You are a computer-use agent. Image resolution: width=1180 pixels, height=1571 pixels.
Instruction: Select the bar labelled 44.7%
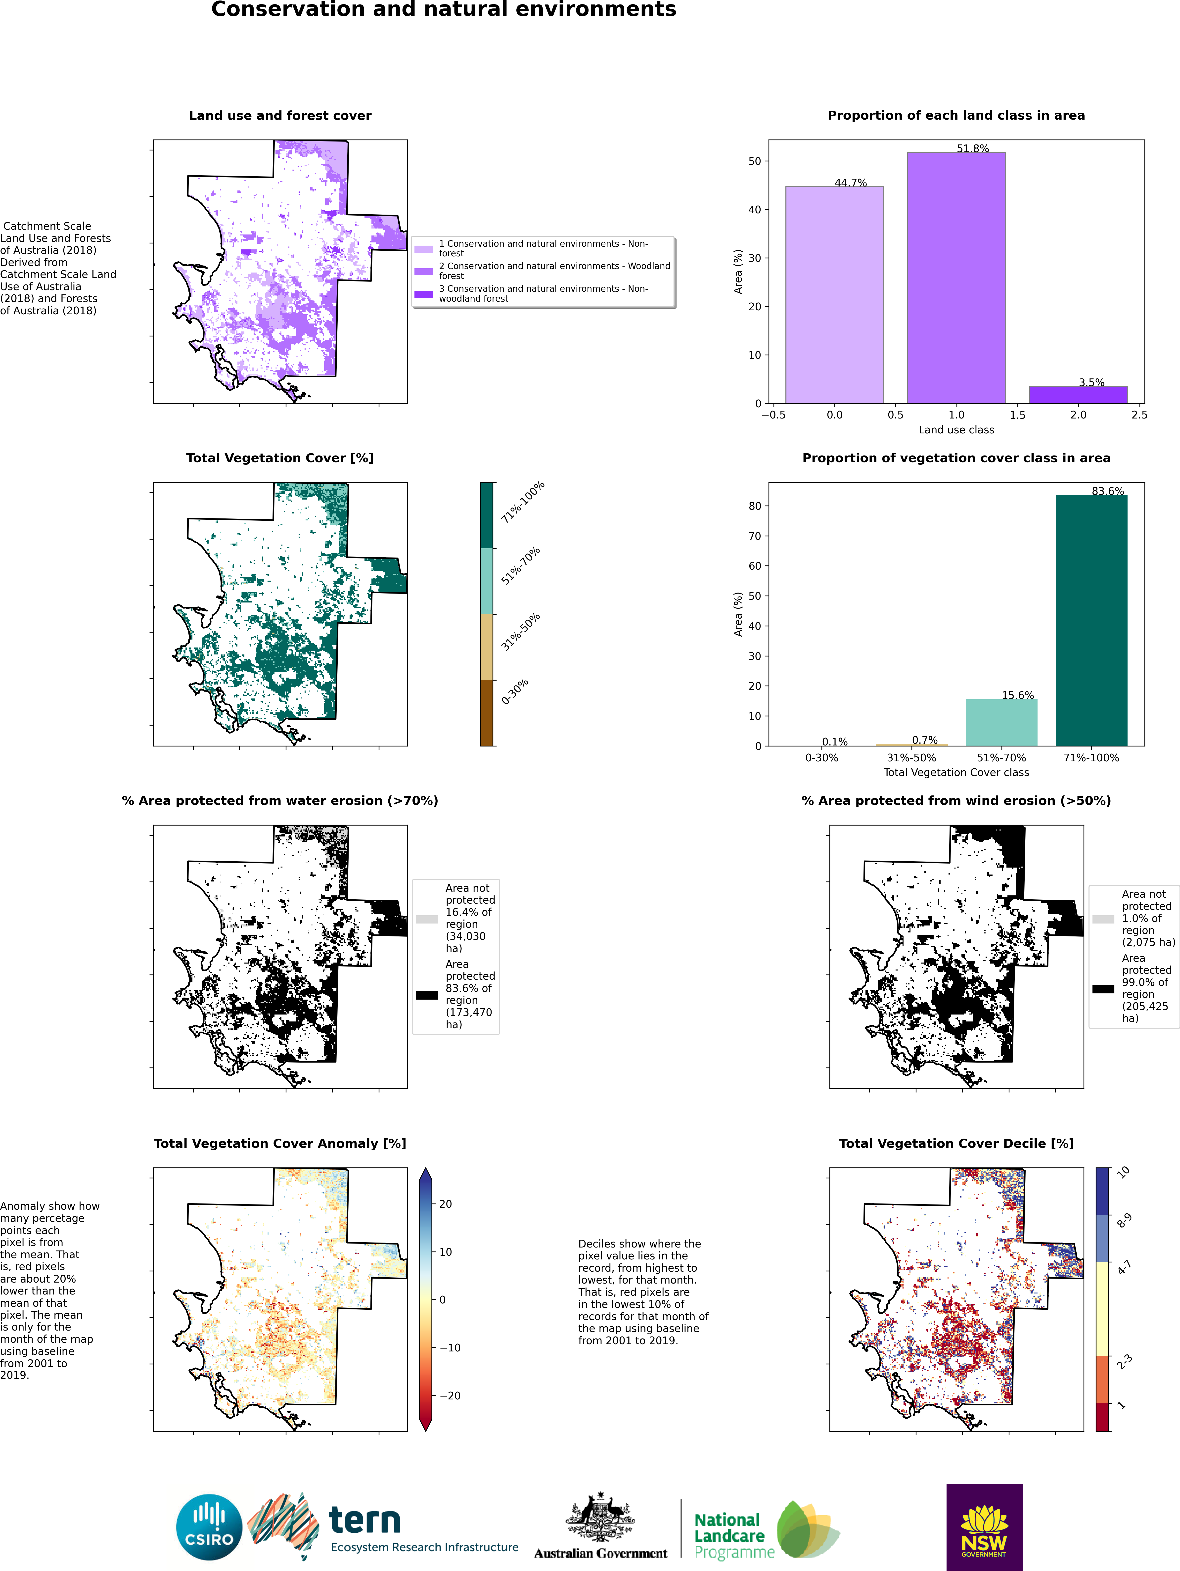point(834,295)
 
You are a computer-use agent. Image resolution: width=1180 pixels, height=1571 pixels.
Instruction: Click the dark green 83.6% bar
point(1091,620)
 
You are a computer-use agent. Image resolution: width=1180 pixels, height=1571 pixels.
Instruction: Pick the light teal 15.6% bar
point(1001,722)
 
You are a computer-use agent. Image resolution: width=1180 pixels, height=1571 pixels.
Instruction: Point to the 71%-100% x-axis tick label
point(1091,758)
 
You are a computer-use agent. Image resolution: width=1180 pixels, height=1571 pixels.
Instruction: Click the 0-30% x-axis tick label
point(821,758)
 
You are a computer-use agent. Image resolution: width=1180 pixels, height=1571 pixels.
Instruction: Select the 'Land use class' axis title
point(956,430)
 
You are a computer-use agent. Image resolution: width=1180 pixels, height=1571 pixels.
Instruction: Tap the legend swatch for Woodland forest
point(424,271)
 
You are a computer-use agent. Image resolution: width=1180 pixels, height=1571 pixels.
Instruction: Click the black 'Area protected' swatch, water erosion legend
point(427,995)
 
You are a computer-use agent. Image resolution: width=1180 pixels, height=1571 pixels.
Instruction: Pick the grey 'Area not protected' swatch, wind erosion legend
point(1103,919)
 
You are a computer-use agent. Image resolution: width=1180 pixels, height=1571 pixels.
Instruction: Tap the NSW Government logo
point(984,1527)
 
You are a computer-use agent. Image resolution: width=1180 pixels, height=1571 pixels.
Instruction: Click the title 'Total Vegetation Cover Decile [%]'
point(956,1144)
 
